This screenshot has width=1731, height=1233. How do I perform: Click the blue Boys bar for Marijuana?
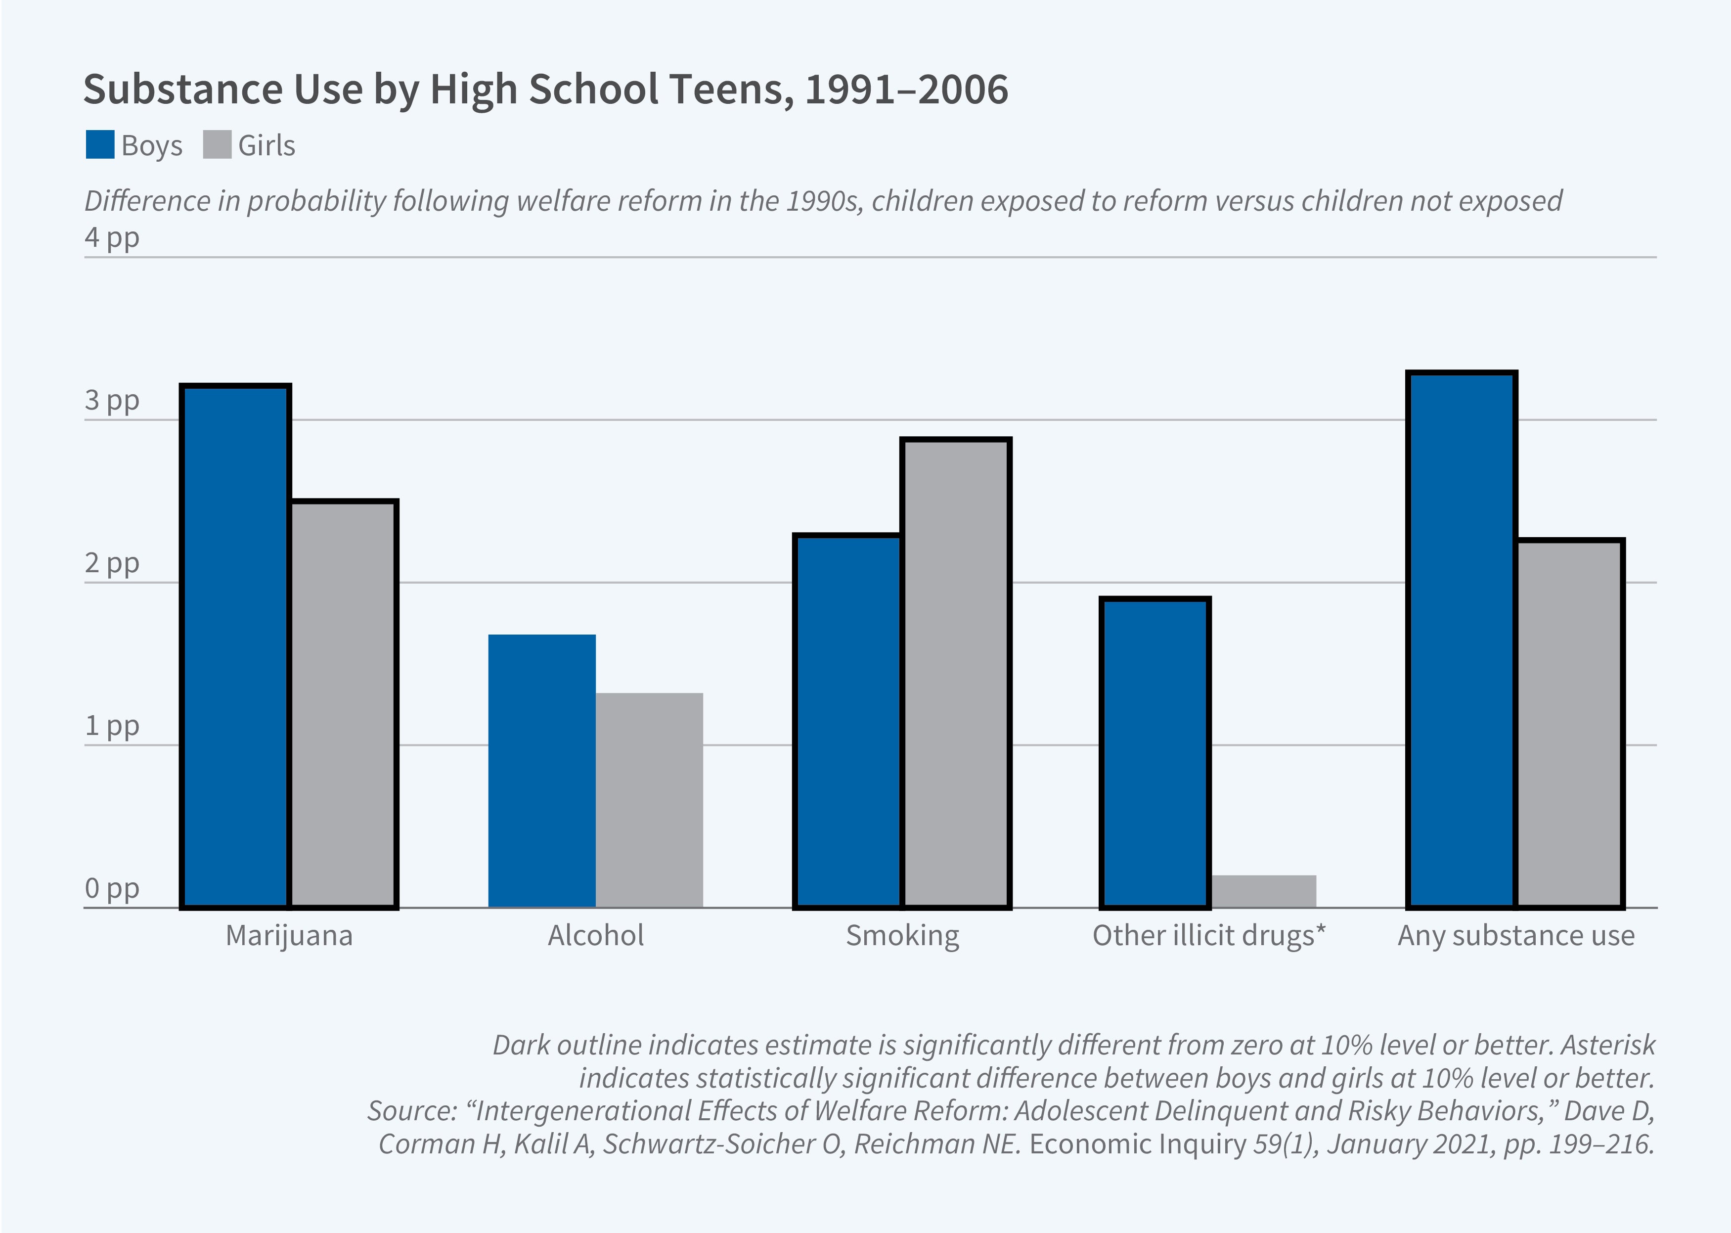tap(235, 646)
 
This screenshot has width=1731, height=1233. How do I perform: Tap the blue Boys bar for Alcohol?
tap(542, 771)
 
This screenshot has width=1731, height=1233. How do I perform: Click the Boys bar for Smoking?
tap(847, 721)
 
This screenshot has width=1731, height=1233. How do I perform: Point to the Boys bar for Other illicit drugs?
tap(1155, 752)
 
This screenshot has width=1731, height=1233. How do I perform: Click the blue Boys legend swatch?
tap(100, 145)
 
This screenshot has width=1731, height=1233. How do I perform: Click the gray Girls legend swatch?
tap(217, 145)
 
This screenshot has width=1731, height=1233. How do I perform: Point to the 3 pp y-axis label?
tap(112, 401)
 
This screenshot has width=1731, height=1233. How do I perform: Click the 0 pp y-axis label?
tap(112, 888)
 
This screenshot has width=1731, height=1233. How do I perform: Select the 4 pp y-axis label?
tap(112, 237)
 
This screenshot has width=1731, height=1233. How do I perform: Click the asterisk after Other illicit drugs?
tap(1321, 929)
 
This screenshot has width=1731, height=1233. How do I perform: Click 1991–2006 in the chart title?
tap(906, 90)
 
